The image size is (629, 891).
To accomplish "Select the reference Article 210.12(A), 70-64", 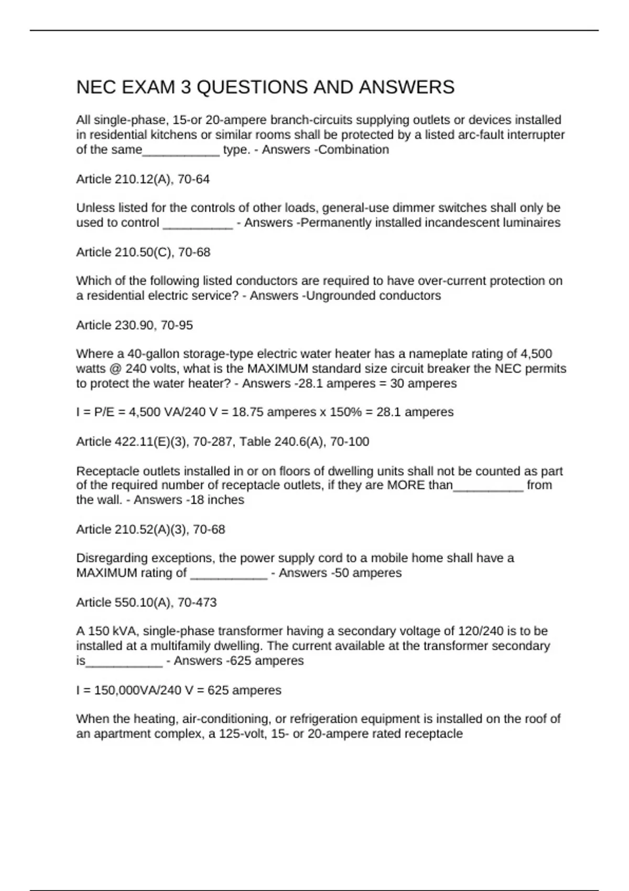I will pos(143,179).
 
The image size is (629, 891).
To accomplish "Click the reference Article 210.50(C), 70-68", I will pos(143,252).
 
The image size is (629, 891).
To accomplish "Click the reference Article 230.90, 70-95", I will pos(134,325).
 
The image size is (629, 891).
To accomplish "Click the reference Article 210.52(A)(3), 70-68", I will pos(150,529).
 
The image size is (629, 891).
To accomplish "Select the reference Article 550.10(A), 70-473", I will pos(146,602).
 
